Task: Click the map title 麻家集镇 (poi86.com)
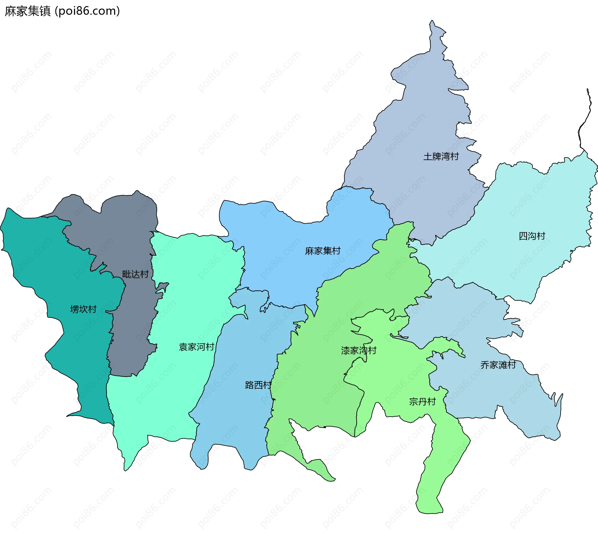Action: coord(62,11)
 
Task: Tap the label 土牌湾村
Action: coord(441,156)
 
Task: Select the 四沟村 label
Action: coord(532,236)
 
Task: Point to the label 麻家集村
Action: coord(323,251)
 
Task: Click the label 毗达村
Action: coord(135,274)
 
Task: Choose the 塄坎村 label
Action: coord(83,309)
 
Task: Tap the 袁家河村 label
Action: coord(197,347)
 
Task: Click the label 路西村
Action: coord(258,385)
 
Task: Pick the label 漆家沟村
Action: coord(359,351)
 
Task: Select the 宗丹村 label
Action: coord(422,402)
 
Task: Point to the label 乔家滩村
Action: coord(498,365)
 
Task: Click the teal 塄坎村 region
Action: coord(47,265)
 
